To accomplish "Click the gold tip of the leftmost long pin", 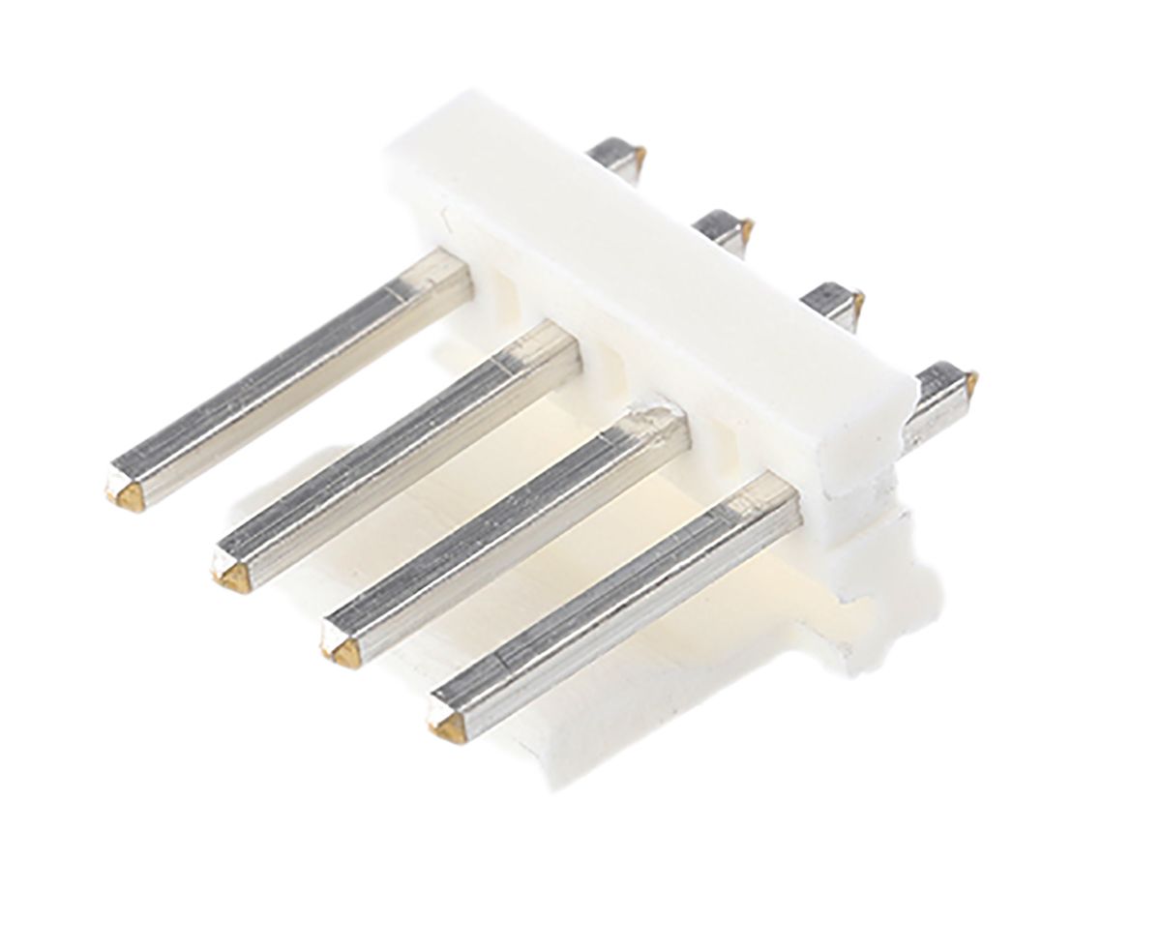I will tap(126, 494).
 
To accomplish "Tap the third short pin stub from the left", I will tap(834, 302).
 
